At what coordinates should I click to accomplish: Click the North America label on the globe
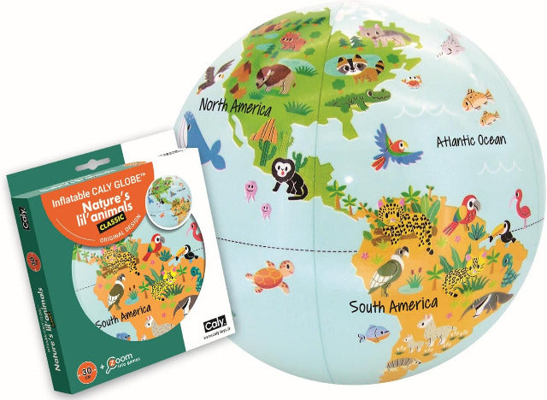coord(235,108)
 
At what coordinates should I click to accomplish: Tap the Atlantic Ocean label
coord(471,140)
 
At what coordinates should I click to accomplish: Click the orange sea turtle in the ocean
coord(264,280)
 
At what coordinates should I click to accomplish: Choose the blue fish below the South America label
coord(373,333)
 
